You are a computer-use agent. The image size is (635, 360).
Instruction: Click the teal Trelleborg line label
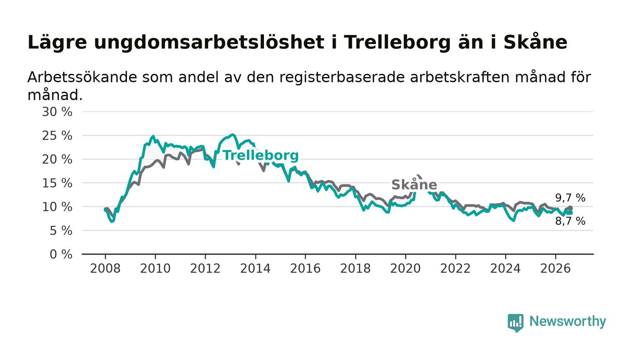[260, 156]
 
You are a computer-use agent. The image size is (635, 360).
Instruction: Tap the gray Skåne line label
[414, 185]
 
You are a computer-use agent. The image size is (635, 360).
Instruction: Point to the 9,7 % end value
[570, 198]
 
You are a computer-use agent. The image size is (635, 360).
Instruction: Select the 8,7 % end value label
[570, 221]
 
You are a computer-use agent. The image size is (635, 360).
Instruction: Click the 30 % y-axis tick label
[57, 112]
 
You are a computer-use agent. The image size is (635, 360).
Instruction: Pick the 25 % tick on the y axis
[57, 136]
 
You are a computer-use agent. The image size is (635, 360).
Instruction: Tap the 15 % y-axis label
[57, 184]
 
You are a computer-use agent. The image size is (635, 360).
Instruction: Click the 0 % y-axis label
[61, 254]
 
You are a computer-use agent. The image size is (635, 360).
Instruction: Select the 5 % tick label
[61, 231]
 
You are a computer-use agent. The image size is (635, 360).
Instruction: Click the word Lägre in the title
[57, 43]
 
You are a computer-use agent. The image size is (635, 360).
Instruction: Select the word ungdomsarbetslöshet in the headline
[209, 43]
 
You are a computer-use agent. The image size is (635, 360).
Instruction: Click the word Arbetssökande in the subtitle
[82, 77]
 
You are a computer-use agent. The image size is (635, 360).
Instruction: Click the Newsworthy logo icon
[516, 322]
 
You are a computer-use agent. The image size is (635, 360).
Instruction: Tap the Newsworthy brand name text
[567, 321]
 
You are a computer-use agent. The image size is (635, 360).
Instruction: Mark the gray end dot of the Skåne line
[571, 208]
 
